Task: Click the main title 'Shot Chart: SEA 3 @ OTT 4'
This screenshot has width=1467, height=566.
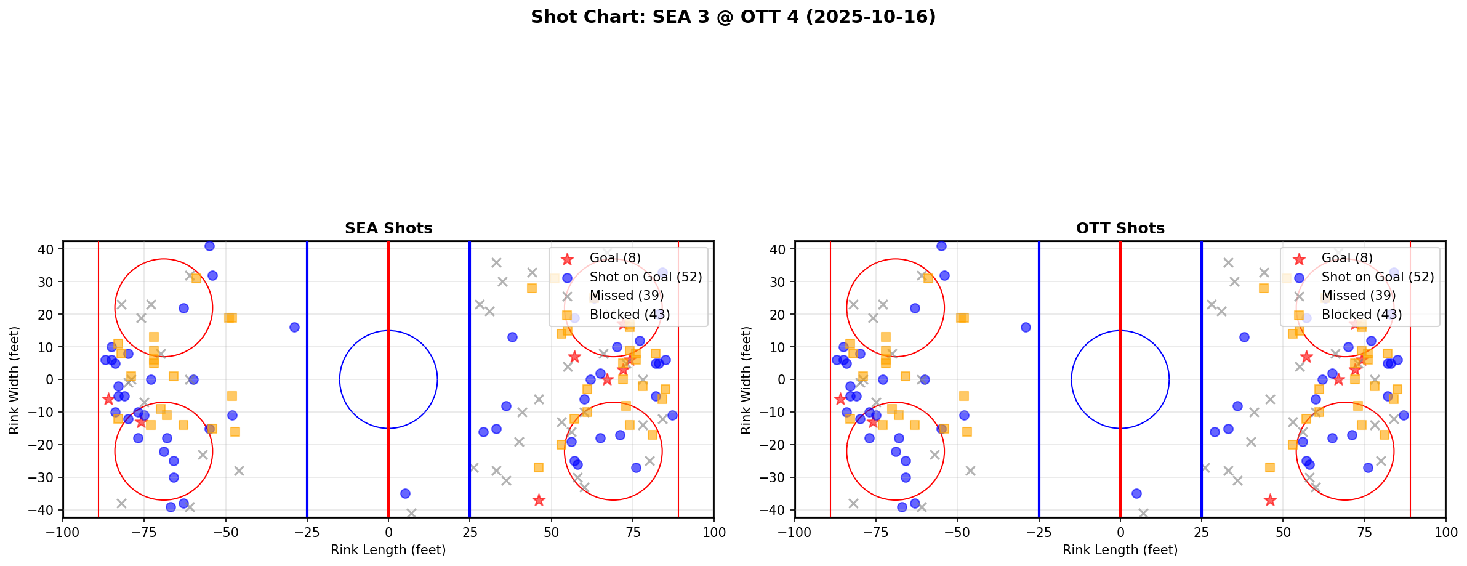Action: point(733,17)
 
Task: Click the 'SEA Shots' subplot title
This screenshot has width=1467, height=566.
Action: point(388,228)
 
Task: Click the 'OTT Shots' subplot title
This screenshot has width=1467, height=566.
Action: point(1120,228)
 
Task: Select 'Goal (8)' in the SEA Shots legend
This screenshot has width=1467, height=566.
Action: point(615,258)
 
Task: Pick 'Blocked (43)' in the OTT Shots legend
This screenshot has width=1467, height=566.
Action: point(1361,315)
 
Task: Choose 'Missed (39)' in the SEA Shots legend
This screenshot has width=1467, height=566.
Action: point(626,296)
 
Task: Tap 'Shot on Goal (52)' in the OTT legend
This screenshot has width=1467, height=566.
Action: point(1377,277)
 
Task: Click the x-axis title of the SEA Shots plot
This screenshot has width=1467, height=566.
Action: point(388,550)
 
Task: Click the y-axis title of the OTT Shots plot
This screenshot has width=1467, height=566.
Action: point(746,379)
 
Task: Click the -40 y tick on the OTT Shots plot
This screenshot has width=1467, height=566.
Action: point(777,510)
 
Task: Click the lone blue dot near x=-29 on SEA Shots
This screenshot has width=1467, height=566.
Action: point(294,327)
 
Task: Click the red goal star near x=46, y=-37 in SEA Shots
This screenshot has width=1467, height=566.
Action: point(539,500)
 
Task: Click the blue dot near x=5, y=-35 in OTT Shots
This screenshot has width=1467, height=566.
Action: point(1136,493)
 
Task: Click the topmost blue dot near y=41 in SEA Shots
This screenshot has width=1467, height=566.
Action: point(209,246)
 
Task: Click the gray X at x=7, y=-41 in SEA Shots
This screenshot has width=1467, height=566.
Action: point(411,513)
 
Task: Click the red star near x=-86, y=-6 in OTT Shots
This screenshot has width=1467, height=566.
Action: point(840,399)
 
